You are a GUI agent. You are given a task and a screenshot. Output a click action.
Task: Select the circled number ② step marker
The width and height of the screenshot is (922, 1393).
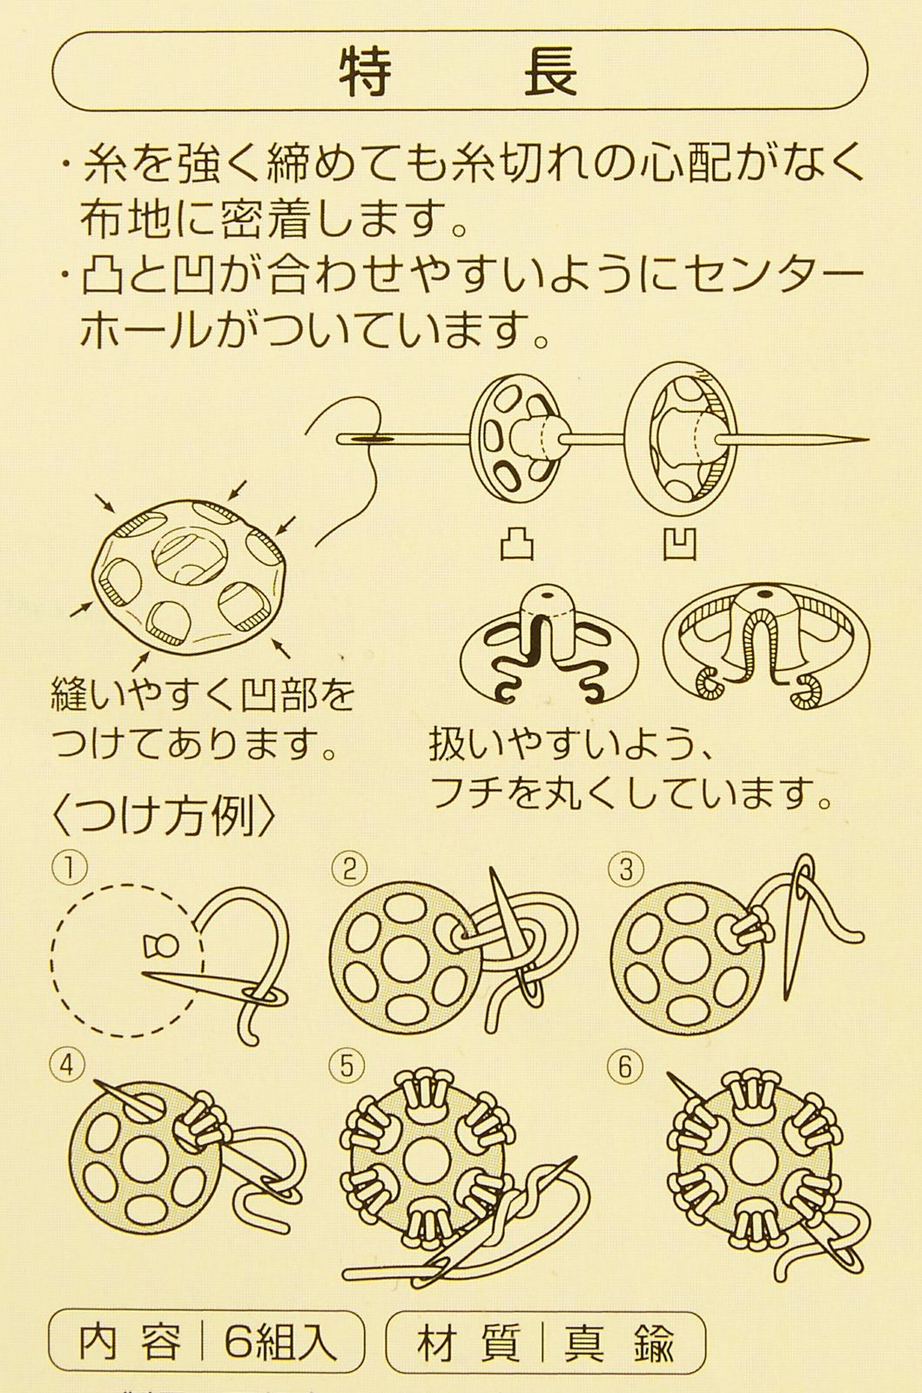click(346, 867)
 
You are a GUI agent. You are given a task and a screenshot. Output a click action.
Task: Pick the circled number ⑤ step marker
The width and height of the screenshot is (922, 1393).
click(346, 1066)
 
